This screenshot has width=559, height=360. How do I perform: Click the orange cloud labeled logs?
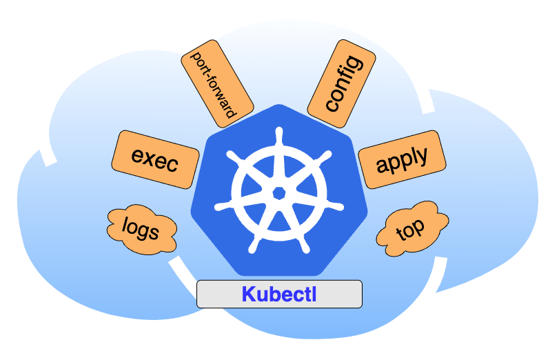coord(141,228)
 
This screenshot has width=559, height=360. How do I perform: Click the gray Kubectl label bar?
coord(279,294)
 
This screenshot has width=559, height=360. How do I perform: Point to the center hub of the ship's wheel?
coord(279,192)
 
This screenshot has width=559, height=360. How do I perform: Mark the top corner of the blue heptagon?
coord(279,106)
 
